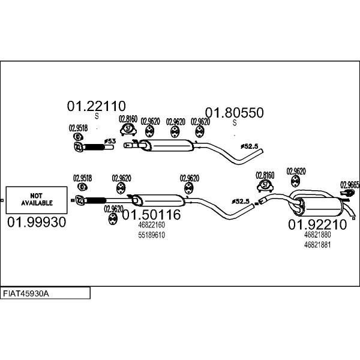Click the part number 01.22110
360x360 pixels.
(x=95, y=106)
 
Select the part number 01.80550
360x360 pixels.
(x=235, y=112)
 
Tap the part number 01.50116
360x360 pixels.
(x=151, y=214)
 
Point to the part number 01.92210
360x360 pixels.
(x=318, y=225)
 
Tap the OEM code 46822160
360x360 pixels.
(x=151, y=226)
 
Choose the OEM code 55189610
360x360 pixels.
(x=151, y=235)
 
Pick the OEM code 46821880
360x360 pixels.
(x=317, y=236)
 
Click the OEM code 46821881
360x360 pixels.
(x=317, y=245)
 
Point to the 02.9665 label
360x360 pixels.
(x=350, y=185)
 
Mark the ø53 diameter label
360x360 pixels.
(x=110, y=141)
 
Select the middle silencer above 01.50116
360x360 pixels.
(x=157, y=200)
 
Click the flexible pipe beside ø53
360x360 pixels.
(x=92, y=147)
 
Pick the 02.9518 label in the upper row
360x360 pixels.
(x=78, y=128)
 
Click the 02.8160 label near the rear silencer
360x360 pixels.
(x=265, y=175)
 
